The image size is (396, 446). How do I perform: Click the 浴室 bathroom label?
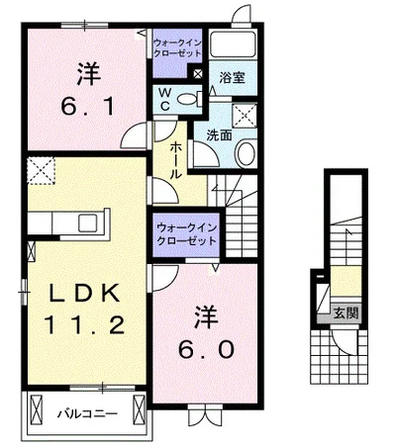pyautogui.click(x=232, y=78)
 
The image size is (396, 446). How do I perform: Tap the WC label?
pyautogui.click(x=165, y=100)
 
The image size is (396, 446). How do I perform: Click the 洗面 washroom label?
pyautogui.click(x=219, y=135)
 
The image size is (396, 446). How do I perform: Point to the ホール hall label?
pyautogui.click(x=176, y=161)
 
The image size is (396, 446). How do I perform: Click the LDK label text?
pyautogui.click(x=84, y=294)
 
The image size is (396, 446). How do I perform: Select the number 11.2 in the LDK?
pyautogui.click(x=84, y=324)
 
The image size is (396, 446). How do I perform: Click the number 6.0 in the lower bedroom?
pyautogui.click(x=207, y=349)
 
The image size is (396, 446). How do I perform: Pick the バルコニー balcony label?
pyautogui.click(x=87, y=413)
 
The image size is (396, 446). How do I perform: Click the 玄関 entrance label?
pyautogui.click(x=346, y=313)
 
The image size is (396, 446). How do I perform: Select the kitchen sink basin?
pyautogui.click(x=88, y=223)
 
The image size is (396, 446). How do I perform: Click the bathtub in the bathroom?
pyautogui.click(x=233, y=45)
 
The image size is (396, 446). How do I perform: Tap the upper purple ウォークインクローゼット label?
pyautogui.click(x=177, y=47)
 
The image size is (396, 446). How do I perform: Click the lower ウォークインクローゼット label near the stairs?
pyautogui.click(x=186, y=234)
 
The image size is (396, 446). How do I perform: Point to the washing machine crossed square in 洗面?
pyautogui.click(x=245, y=115)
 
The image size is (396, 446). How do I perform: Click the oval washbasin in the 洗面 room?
pyautogui.click(x=247, y=153)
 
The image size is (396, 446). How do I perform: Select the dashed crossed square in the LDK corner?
pyautogui.click(x=41, y=170)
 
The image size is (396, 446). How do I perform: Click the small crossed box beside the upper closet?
pyautogui.click(x=198, y=74)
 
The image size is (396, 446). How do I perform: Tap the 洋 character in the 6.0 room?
pyautogui.click(x=207, y=316)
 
